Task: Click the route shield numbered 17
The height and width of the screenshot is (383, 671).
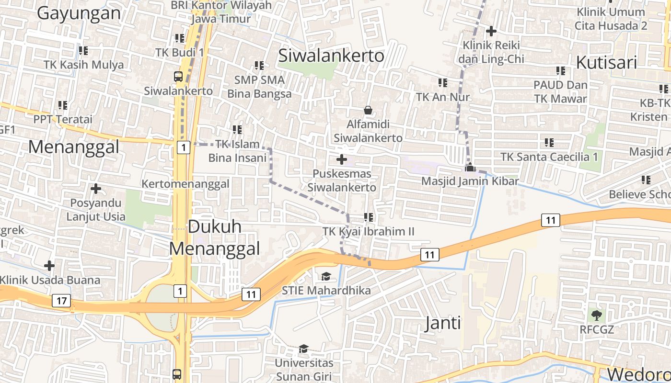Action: pyautogui.click(x=61, y=301)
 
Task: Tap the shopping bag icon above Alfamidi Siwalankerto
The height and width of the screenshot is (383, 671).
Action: pyautogui.click(x=368, y=111)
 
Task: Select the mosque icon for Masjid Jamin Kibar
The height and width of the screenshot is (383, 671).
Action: pyautogui.click(x=470, y=167)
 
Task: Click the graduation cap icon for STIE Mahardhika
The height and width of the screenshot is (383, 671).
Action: pyautogui.click(x=326, y=276)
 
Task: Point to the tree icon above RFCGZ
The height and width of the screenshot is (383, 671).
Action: pyautogui.click(x=597, y=315)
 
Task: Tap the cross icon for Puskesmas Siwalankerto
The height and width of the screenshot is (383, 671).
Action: pyautogui.click(x=342, y=159)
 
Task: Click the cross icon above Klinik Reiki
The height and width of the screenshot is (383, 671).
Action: pyautogui.click(x=491, y=32)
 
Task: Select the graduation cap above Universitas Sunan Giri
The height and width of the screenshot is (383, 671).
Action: pyautogui.click(x=303, y=349)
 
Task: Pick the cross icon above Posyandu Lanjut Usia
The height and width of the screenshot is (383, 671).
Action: pyautogui.click(x=96, y=189)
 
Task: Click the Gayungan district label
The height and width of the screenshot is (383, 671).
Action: pyautogui.click(x=79, y=13)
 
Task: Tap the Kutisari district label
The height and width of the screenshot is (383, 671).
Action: pyautogui.click(x=607, y=63)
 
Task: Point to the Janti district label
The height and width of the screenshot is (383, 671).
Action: pyautogui.click(x=443, y=323)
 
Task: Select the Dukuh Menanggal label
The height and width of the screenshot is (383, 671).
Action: pyautogui.click(x=215, y=237)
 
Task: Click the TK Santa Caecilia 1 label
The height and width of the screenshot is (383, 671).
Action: pyautogui.click(x=549, y=157)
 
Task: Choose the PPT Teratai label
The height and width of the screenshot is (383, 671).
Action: pyautogui.click(x=62, y=119)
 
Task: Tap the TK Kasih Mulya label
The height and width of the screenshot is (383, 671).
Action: pyautogui.click(x=83, y=65)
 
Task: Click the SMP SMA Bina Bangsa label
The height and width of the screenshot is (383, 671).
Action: pyautogui.click(x=259, y=87)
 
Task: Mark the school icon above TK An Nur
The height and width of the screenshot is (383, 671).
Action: pyautogui.click(x=442, y=83)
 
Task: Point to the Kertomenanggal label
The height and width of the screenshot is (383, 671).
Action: pyautogui.click(x=185, y=184)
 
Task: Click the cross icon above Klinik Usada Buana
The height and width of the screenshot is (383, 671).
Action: pyautogui.click(x=49, y=266)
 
